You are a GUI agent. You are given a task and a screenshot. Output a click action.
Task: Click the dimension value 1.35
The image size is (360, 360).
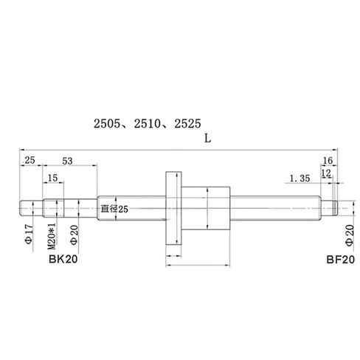click(x=300, y=178)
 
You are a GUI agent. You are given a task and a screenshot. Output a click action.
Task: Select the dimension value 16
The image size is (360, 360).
click(x=328, y=160)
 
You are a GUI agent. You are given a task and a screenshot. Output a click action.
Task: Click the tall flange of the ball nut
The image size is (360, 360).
click(x=174, y=210)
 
